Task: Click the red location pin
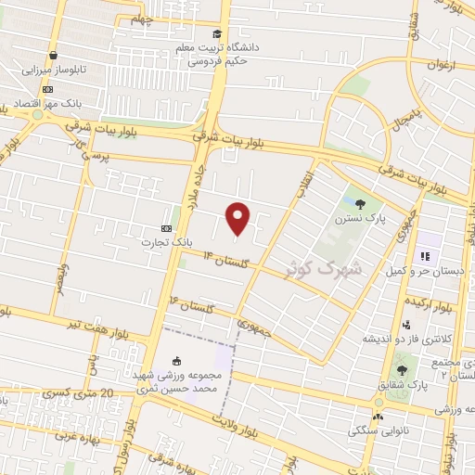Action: tap(238, 218)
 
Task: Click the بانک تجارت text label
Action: tap(166, 243)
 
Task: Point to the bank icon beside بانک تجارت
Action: tap(166, 228)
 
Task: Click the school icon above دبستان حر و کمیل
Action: tap(427, 256)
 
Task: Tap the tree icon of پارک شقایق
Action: tap(401, 370)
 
